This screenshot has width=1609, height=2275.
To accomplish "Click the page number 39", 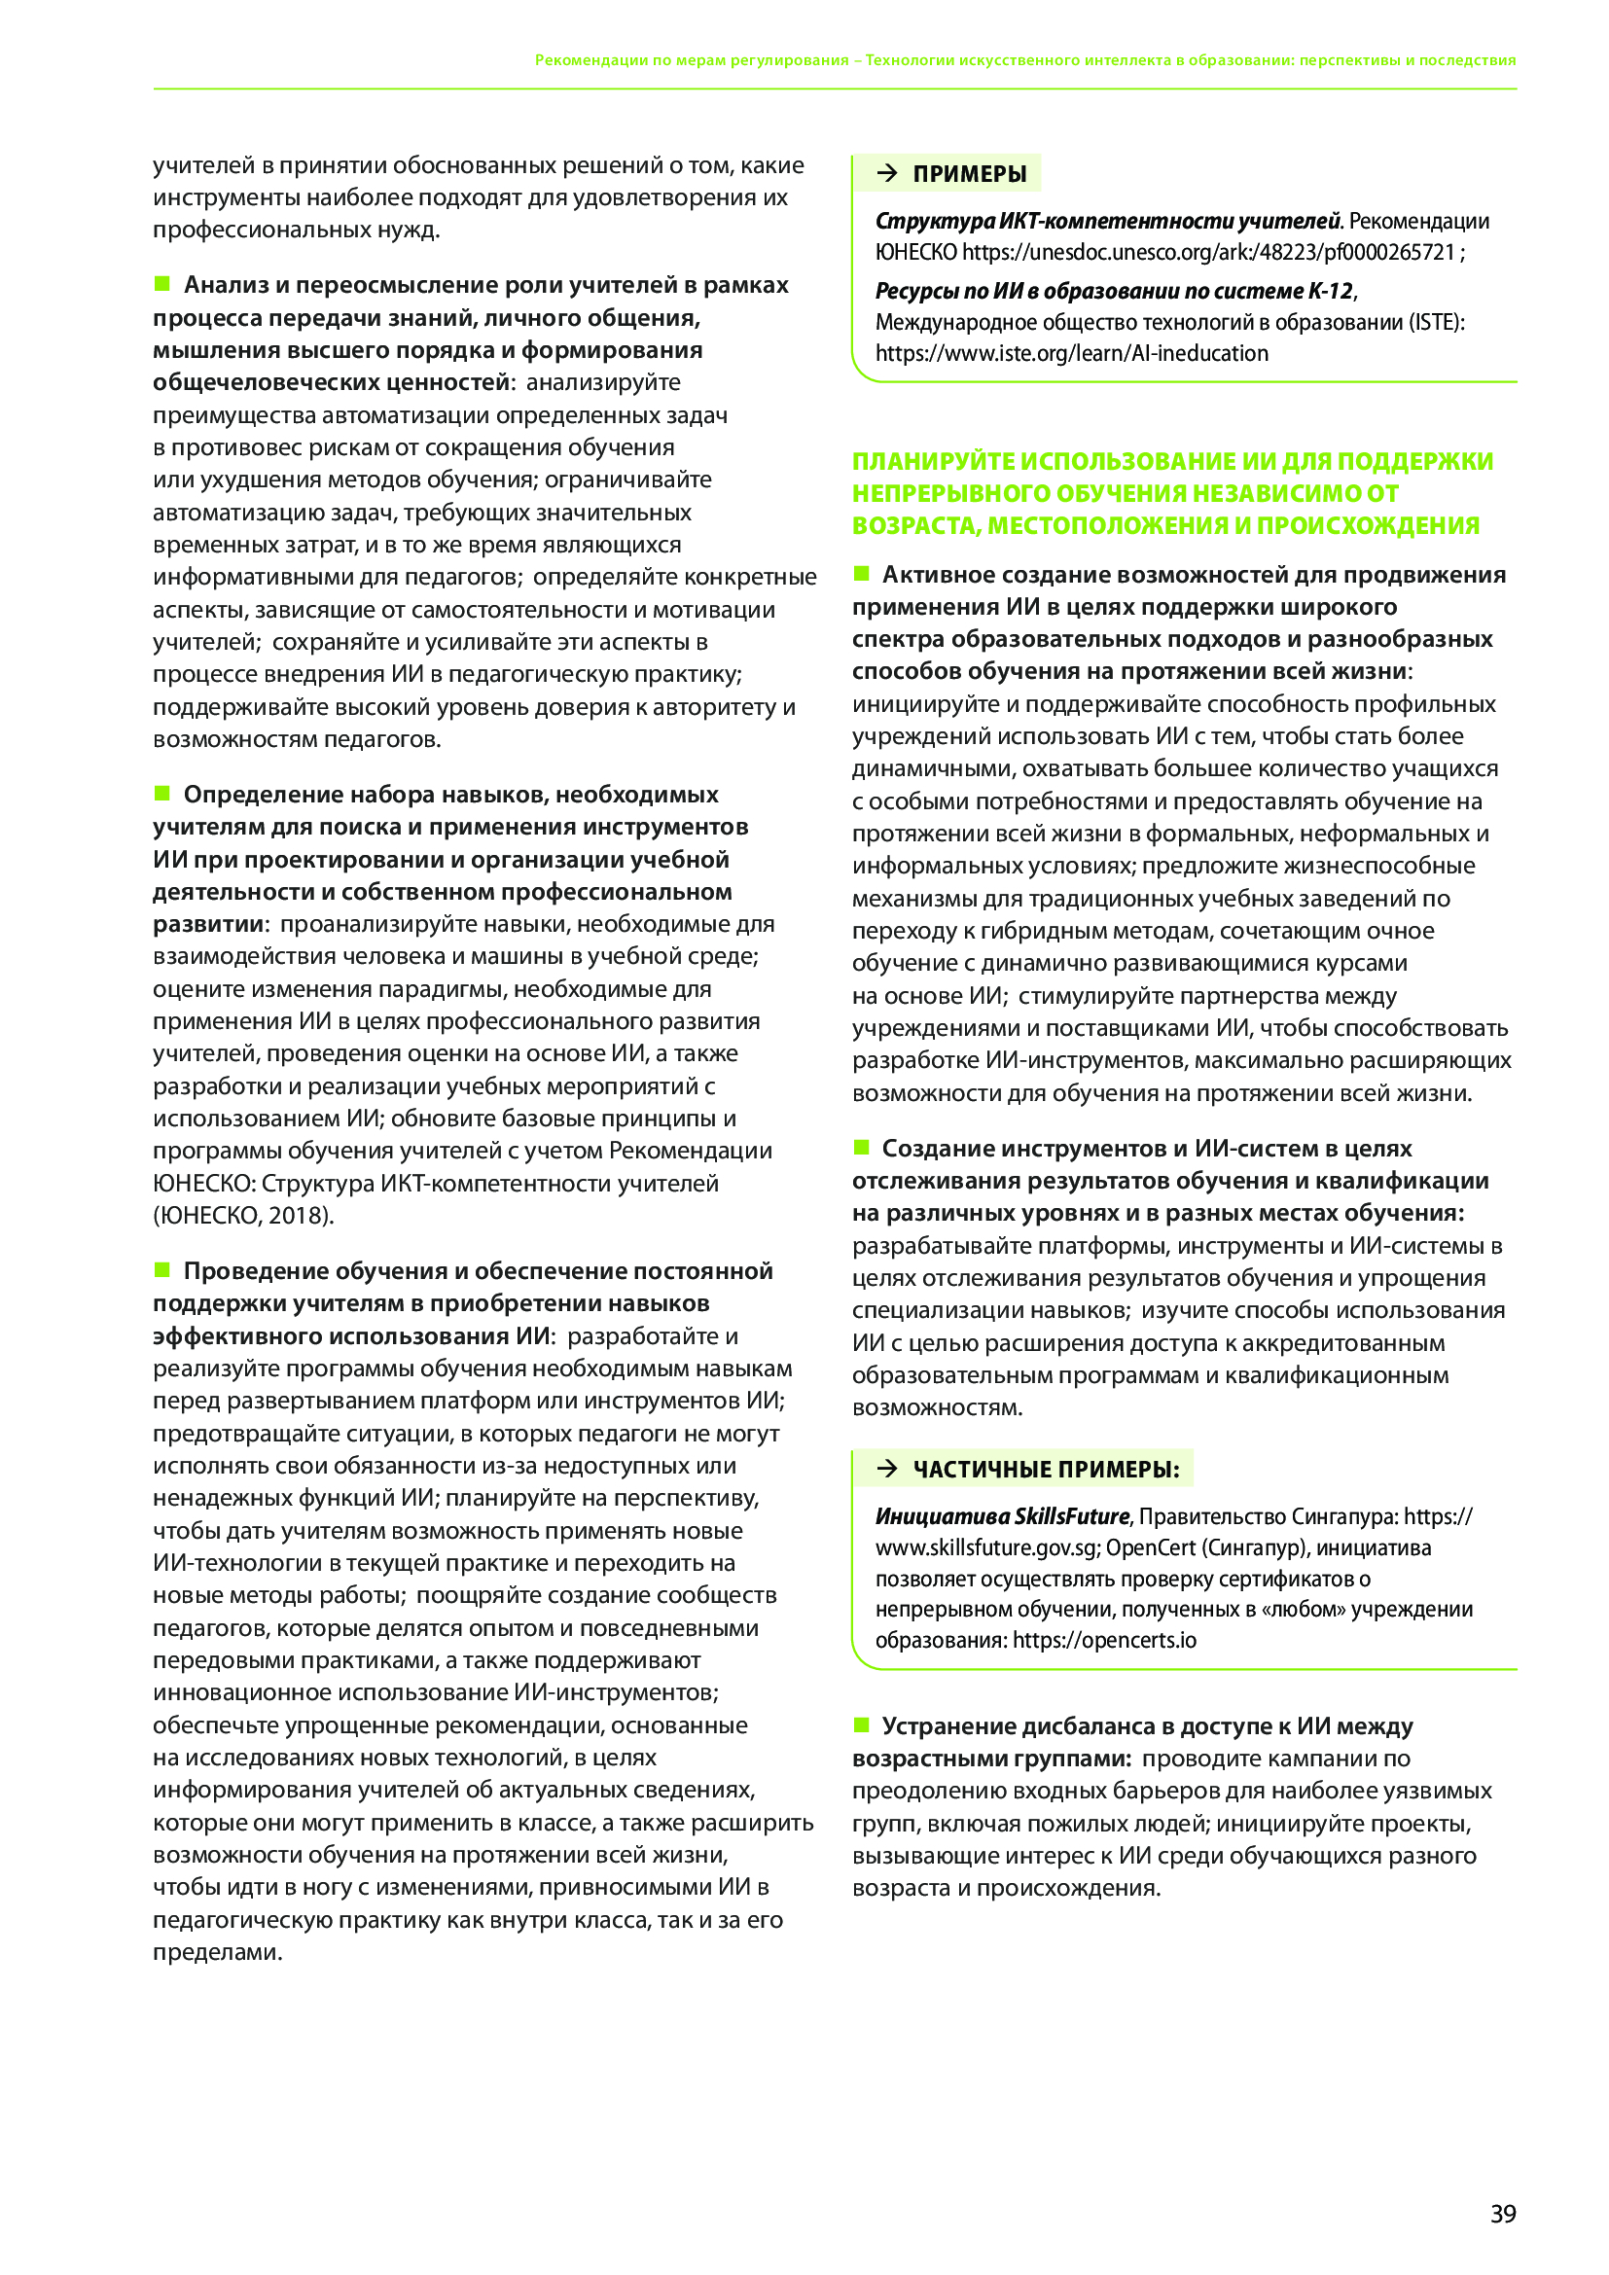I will [1502, 2213].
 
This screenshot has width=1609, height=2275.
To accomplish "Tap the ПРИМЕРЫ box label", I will [969, 174].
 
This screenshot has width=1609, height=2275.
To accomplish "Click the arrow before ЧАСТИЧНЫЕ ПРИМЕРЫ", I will [888, 1469].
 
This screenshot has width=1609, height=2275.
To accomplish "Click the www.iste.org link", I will [1071, 354].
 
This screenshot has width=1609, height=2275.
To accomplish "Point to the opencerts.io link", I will [1104, 1640].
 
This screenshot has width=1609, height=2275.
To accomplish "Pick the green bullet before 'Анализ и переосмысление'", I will [162, 284].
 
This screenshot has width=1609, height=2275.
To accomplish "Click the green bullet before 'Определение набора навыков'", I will [162, 793].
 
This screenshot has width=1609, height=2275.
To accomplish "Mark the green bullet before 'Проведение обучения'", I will [162, 1269].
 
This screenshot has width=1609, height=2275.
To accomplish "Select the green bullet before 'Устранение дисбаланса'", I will [861, 1725].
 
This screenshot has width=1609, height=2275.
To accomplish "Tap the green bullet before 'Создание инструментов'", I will [861, 1148].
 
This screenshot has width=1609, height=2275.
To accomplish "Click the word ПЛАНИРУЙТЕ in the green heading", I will [932, 462].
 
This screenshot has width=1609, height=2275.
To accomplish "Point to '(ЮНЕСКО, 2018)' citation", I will [243, 1215].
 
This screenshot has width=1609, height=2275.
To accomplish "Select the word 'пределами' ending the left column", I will [216, 1953].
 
